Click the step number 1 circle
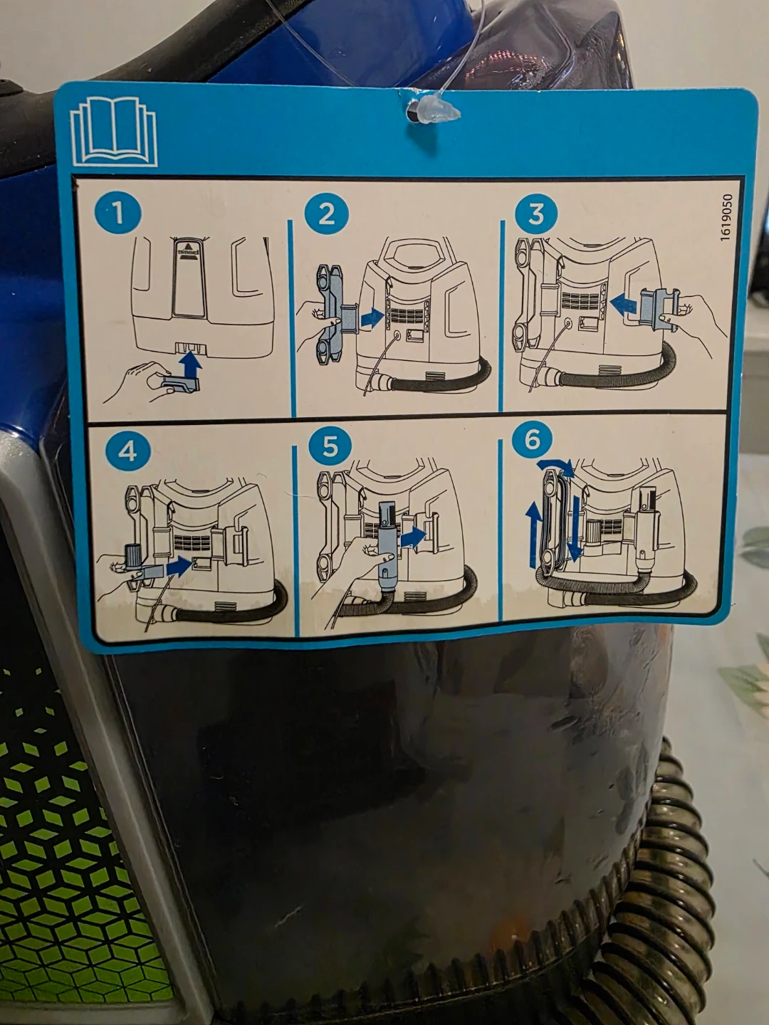tap(117, 213)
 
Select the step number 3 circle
tap(536, 214)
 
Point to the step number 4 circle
tap(128, 452)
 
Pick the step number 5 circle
tap(330, 447)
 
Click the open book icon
tap(113, 132)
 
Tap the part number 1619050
tap(726, 218)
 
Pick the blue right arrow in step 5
tap(413, 538)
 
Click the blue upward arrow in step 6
tap(534, 535)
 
